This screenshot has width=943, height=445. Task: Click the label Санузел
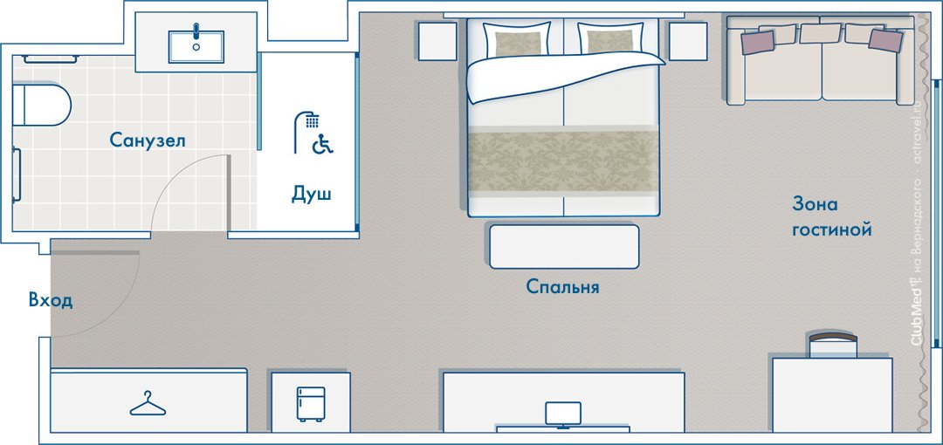click(x=148, y=140)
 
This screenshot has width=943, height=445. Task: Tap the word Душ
click(x=312, y=195)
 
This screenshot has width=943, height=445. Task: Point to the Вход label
click(x=52, y=300)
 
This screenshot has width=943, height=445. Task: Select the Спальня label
click(x=562, y=286)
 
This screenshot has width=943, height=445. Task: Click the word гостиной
click(x=832, y=229)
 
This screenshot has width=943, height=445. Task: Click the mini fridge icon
click(x=310, y=403)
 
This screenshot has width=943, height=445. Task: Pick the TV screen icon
click(x=563, y=415)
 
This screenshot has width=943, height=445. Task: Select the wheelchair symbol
click(x=324, y=144)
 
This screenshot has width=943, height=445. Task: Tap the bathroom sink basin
click(x=196, y=47)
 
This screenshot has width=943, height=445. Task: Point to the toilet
click(x=41, y=105)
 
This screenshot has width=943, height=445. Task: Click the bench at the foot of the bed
click(x=564, y=247)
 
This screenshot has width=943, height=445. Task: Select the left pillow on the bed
click(x=517, y=39)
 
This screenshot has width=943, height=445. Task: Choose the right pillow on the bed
click(x=611, y=39)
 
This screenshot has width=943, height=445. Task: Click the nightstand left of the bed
click(x=437, y=41)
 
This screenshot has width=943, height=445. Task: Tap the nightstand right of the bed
click(x=688, y=41)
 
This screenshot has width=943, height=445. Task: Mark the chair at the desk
click(x=833, y=344)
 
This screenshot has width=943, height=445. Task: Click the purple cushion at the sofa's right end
click(x=886, y=40)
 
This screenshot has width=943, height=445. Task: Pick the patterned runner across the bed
click(x=563, y=160)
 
